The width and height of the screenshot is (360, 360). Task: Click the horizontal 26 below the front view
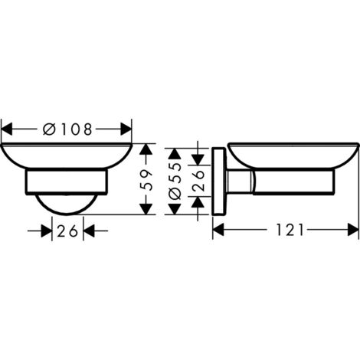pyautogui.click(x=67, y=230)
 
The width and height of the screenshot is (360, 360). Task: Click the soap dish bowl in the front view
pyautogui.click(x=67, y=157)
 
